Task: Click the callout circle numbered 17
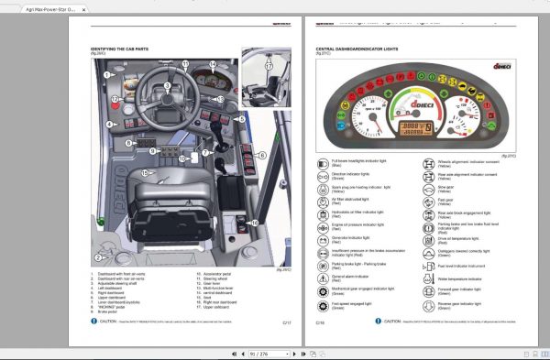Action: (x=268, y=67)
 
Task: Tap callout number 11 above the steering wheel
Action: (x=184, y=65)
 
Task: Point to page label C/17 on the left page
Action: (x=286, y=322)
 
